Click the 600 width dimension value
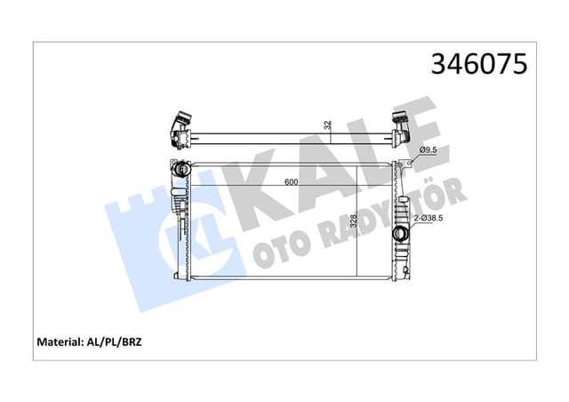(x=291, y=182)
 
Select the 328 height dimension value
(x=354, y=222)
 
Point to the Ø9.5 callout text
(x=430, y=150)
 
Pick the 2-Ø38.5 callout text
(x=434, y=218)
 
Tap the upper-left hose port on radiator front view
(x=180, y=168)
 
